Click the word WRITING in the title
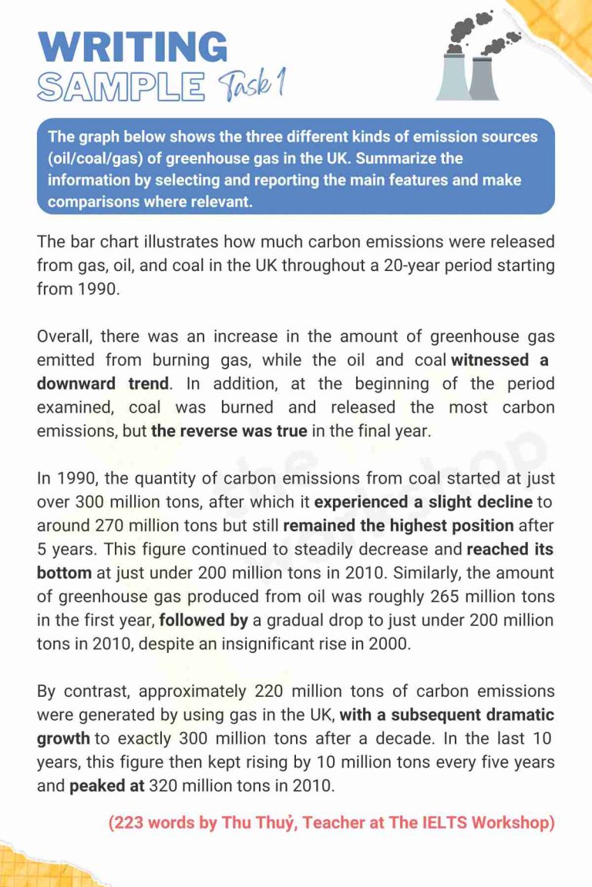[133, 48]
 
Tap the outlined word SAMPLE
[121, 87]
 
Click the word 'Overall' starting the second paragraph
[62, 336]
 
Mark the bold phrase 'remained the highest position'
[399, 526]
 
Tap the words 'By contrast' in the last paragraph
[80, 691]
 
